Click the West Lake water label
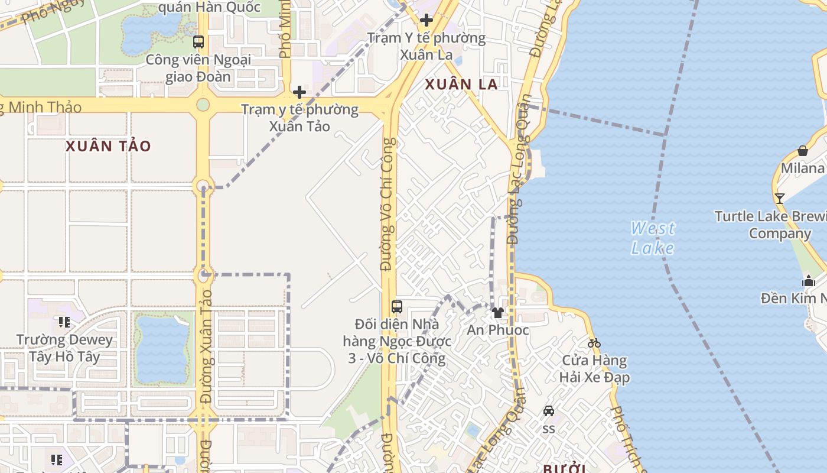click(652, 237)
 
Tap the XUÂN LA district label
click(461, 85)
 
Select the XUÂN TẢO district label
click(108, 146)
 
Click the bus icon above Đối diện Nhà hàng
click(397, 307)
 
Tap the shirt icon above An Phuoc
click(498, 313)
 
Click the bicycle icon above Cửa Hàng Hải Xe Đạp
click(594, 343)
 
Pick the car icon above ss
click(549, 411)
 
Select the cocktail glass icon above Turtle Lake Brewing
click(780, 198)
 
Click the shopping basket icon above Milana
click(803, 151)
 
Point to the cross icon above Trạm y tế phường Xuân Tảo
click(299, 92)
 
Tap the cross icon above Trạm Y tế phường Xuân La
click(426, 20)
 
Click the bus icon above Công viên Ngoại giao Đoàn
click(198, 42)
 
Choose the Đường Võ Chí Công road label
click(388, 204)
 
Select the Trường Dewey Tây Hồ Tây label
click(65, 348)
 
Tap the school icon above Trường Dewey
click(64, 322)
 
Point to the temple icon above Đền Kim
click(809, 281)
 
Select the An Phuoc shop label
click(498, 330)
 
